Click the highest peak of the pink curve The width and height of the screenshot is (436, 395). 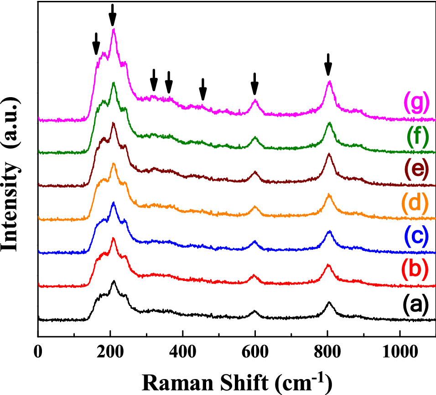click(x=113, y=30)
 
